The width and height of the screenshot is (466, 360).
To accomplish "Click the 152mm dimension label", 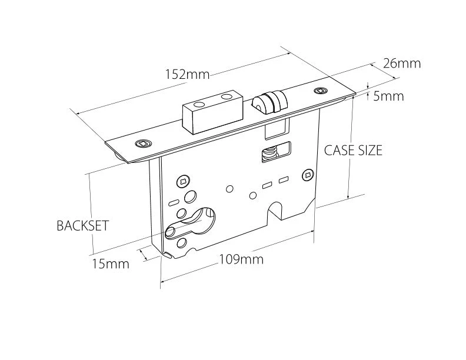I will click(x=188, y=75).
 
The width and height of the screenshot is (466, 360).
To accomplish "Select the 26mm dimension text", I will click(x=402, y=64).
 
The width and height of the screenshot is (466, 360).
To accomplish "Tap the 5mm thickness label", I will click(x=389, y=96).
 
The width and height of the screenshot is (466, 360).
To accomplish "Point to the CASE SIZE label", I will click(x=353, y=150).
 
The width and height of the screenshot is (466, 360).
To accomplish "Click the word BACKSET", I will click(x=82, y=226).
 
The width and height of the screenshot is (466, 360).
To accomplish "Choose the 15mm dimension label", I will click(x=110, y=264).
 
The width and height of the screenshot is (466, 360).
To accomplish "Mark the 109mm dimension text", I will click(x=241, y=259).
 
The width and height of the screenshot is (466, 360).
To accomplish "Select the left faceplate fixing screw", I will click(x=142, y=144).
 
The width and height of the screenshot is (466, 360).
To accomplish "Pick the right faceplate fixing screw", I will click(x=320, y=91).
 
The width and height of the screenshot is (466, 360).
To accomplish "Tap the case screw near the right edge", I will click(x=307, y=174).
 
